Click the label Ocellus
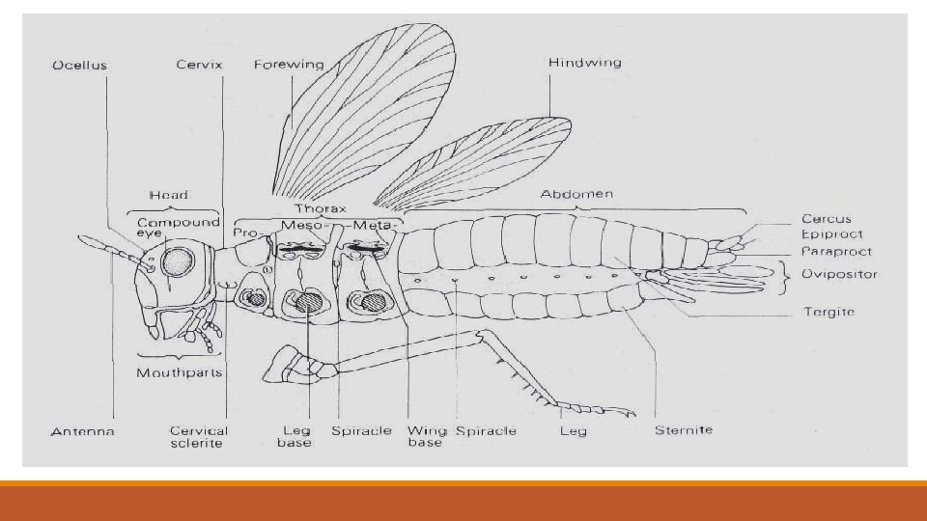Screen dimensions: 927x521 (x=79, y=66)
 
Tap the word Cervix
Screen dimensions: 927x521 (x=200, y=66)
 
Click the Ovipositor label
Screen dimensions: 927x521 (x=839, y=274)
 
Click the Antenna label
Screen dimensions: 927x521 (x=82, y=431)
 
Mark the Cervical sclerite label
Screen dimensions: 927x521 (x=199, y=437)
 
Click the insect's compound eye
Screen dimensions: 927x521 (x=179, y=262)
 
